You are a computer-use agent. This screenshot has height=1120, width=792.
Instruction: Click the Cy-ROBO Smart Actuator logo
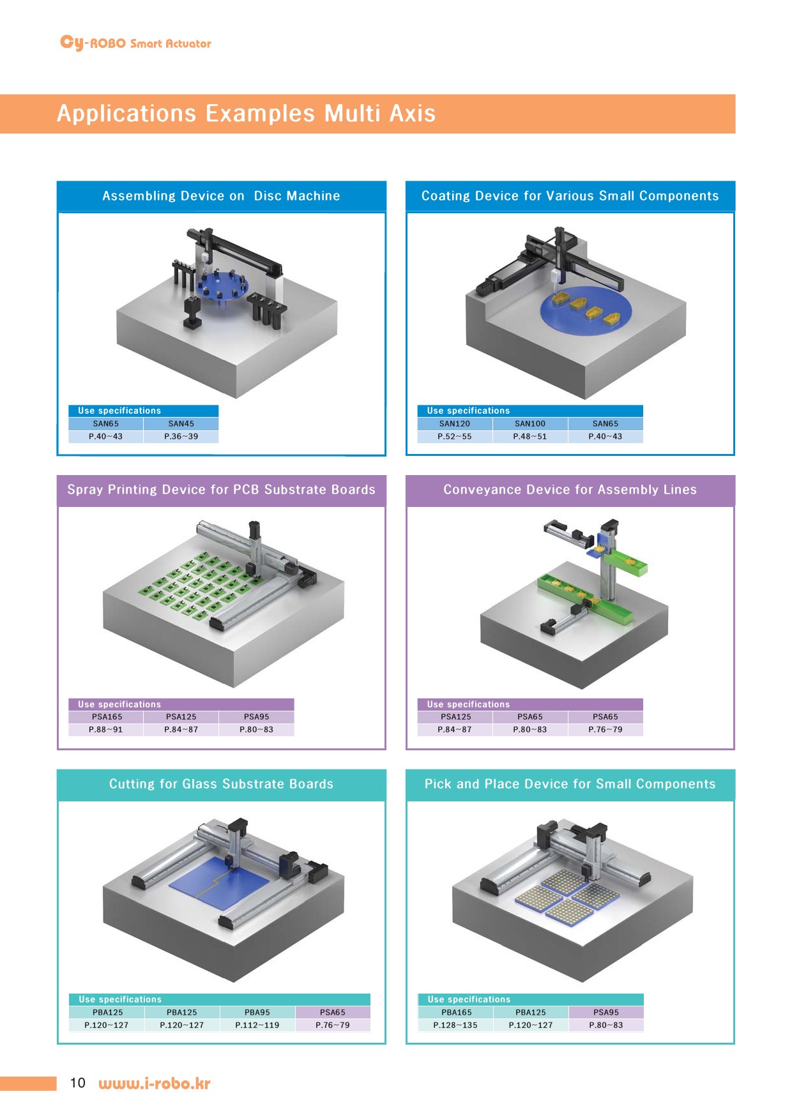[135, 43]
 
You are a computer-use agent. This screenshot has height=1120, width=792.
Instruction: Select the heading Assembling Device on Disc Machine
[221, 196]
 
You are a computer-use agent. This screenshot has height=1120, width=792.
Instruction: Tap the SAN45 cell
[181, 423]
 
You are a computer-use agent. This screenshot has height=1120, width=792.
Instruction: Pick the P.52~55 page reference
[455, 437]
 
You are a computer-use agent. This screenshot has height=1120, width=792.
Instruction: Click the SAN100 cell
[530, 423]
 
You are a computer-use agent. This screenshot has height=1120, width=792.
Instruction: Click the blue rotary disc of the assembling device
[222, 285]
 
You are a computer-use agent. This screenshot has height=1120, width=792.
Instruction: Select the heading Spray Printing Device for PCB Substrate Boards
[221, 490]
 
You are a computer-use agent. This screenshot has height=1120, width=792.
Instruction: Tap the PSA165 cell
[107, 716]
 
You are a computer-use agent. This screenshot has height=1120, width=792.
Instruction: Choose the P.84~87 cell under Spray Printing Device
[181, 729]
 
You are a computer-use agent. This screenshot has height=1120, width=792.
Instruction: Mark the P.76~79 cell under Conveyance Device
[605, 729]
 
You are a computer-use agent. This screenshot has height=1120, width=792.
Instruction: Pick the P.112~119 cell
[257, 1025]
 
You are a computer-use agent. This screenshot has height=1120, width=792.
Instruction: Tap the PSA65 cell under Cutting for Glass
[333, 1012]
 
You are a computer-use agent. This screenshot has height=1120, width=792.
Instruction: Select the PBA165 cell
[457, 1012]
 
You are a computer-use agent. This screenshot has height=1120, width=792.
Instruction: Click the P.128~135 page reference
[455, 1025]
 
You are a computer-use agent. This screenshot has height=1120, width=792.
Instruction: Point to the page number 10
[77, 1083]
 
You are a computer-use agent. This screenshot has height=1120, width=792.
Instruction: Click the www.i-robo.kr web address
[155, 1084]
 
